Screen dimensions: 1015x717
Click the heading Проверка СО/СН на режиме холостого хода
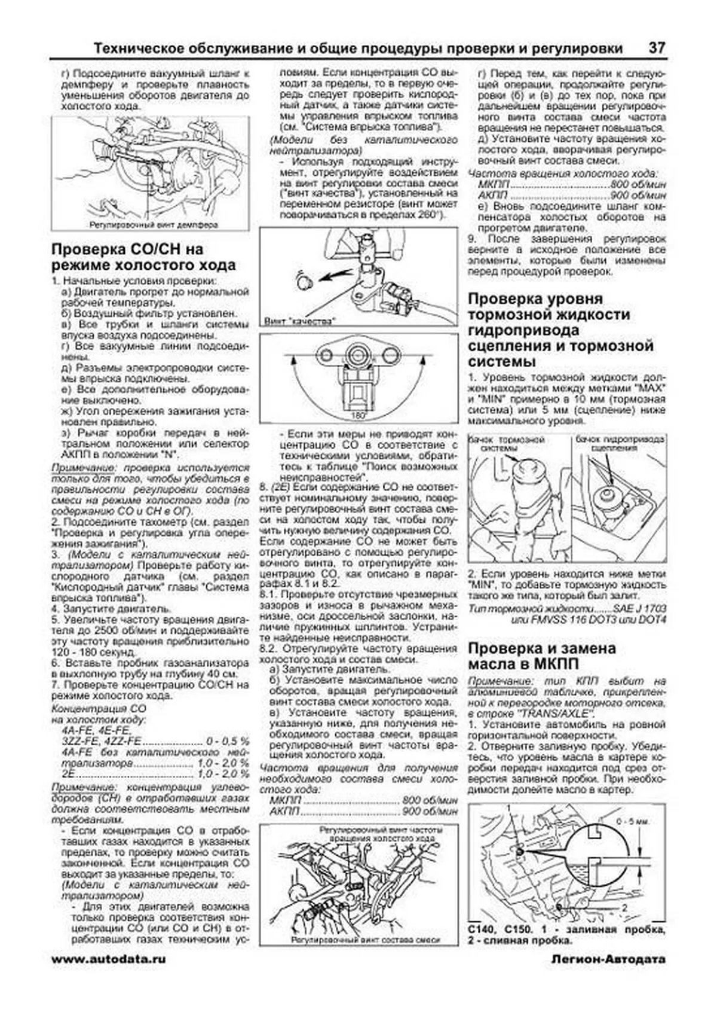(x=143, y=257)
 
